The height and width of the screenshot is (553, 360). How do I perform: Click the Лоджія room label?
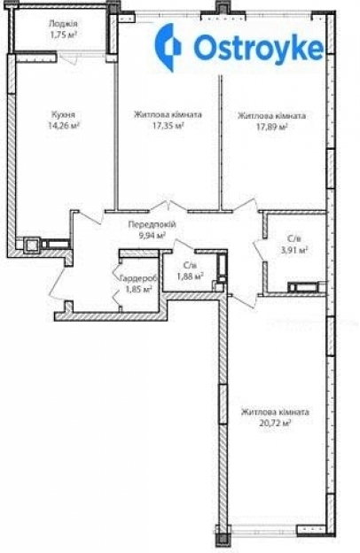63,24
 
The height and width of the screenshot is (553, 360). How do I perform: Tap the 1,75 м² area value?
64,35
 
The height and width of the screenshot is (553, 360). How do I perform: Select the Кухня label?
63,114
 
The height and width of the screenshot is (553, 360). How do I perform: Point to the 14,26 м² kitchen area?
64,125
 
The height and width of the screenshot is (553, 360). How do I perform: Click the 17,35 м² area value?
168,126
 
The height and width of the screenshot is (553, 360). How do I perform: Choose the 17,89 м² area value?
271,127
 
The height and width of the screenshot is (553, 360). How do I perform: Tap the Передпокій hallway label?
152,225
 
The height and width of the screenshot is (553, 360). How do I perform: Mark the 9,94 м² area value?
153,235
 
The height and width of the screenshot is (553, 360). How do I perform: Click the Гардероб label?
138,278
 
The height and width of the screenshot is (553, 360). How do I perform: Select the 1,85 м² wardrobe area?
138,289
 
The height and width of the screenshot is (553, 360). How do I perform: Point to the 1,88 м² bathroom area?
190,276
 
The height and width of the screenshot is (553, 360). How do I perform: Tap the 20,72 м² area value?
275,423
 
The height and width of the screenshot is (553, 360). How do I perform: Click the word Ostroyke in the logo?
258,48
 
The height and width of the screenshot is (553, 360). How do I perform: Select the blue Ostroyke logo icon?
168,48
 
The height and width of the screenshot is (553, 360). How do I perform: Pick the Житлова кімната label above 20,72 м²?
275,412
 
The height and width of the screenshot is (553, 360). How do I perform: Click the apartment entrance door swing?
57,280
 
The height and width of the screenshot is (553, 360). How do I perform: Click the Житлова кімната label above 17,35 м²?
168,114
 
